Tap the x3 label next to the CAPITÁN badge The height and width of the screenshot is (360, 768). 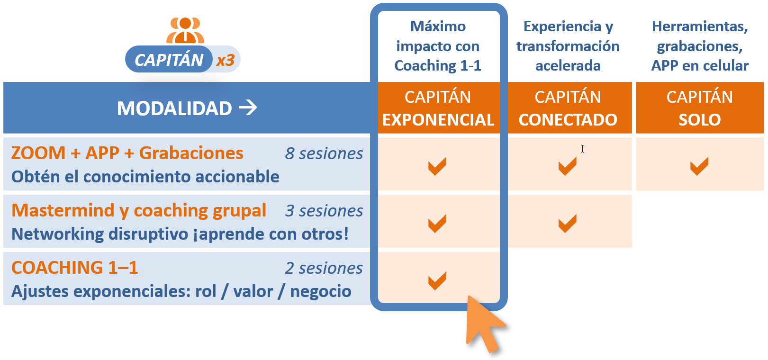click(226, 60)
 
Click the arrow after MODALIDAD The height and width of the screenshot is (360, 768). click(248, 108)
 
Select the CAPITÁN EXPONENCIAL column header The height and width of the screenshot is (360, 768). click(438, 108)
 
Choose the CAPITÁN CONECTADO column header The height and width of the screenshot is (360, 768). click(568, 108)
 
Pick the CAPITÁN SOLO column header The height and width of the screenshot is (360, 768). click(699, 108)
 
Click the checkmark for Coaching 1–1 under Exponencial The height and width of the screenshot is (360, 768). click(437, 280)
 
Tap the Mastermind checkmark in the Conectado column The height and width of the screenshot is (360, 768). click(567, 223)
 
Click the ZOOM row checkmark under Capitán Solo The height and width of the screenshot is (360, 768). click(699, 166)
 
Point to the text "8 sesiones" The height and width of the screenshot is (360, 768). click(324, 153)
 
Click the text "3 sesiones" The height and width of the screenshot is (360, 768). click(324, 211)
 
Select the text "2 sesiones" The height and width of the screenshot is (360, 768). click(324, 268)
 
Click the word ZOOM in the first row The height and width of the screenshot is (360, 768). click(38, 153)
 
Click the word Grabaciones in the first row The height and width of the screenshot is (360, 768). click(191, 153)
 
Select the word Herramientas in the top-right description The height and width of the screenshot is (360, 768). click(699, 27)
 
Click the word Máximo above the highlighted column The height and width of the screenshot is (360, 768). click(438, 27)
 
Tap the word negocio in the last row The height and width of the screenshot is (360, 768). click(320, 291)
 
